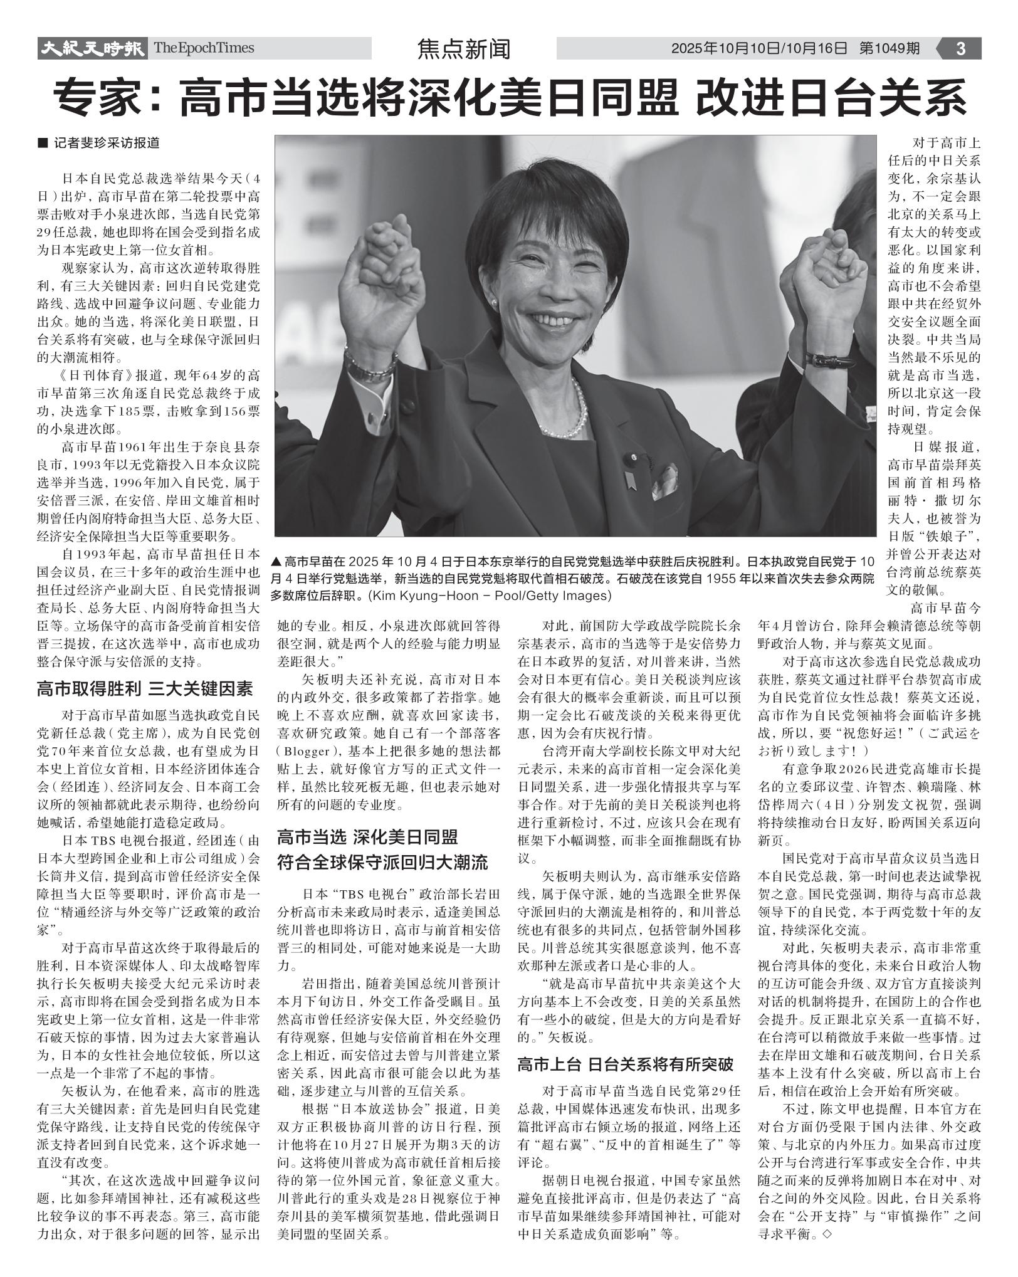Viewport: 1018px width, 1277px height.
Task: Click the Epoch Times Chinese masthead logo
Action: pos(92,48)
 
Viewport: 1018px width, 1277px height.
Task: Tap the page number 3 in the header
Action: pos(960,48)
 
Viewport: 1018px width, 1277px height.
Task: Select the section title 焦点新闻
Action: pos(464,49)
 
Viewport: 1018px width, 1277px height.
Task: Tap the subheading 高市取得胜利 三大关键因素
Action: pos(145,689)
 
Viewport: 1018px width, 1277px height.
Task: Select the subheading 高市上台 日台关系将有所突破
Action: pos(625,1064)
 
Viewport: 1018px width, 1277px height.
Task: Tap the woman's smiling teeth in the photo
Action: pos(554,320)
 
